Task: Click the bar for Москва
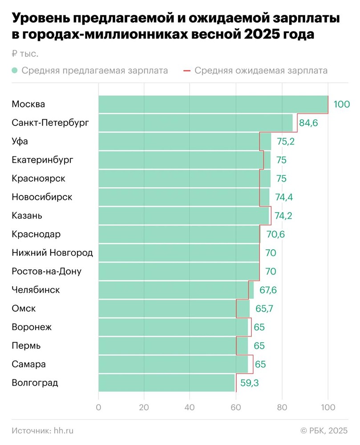(x=213, y=104)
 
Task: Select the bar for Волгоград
(x=166, y=383)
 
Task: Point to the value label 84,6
(x=308, y=123)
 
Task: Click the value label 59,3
(x=249, y=383)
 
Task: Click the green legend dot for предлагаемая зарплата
(x=15, y=70)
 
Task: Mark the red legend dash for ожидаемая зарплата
(x=187, y=70)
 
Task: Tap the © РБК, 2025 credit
(x=324, y=430)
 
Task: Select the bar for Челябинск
(x=176, y=290)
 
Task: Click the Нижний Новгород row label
(x=52, y=253)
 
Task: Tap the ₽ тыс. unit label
(x=25, y=54)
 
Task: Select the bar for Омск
(x=174, y=308)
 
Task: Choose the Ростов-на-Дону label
(x=47, y=271)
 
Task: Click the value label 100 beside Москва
(x=342, y=105)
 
